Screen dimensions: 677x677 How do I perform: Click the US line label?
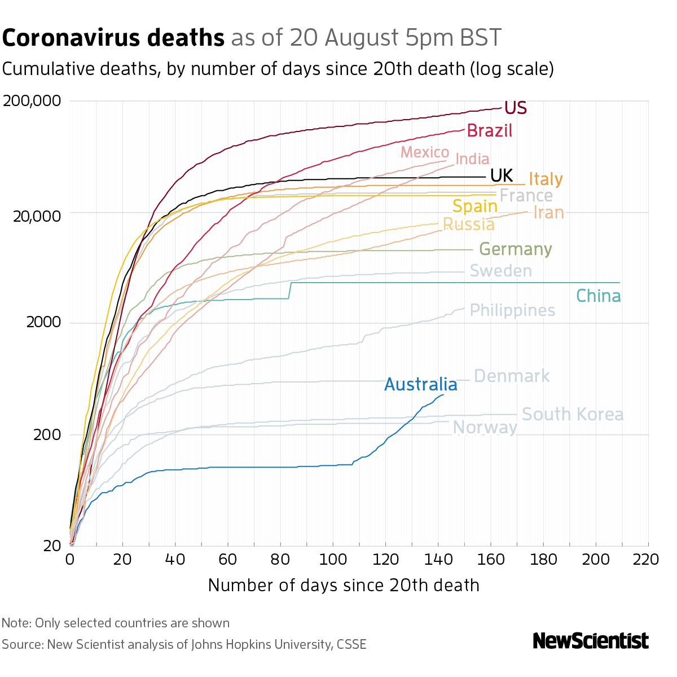pos(515,108)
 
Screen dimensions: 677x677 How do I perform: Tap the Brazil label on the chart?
pos(490,131)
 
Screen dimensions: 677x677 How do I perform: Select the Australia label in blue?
pos(420,385)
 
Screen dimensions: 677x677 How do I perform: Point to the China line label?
pos(598,296)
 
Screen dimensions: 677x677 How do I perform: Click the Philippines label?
pos(512,310)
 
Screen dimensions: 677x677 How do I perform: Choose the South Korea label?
pos(572,415)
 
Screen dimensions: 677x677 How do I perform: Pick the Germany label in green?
pos(515,249)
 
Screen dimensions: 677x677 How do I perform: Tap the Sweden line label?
pos(500,271)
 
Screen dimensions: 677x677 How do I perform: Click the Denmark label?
pos(511,376)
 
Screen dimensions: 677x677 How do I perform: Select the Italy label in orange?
pos(546,179)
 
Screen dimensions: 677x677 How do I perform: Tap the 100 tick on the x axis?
pos(332,560)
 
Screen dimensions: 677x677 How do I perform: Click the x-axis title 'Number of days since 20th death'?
pos(344,585)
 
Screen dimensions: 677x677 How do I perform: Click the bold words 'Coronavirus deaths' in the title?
pos(113,38)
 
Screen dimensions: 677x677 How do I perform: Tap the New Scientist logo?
pos(590,641)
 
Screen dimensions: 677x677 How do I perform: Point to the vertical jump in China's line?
pos(290,290)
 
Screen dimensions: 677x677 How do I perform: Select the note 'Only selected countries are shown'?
pos(132,623)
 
